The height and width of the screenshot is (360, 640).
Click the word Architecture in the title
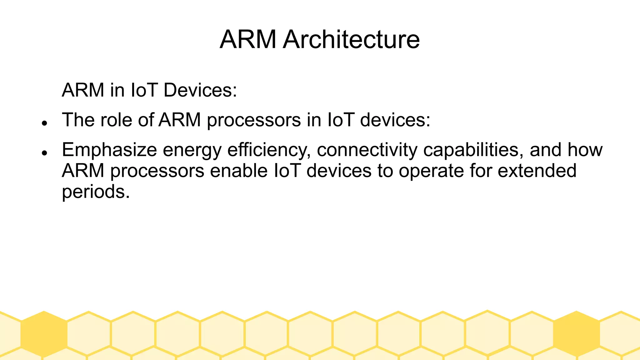coord(351,39)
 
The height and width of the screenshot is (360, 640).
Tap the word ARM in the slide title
coord(248,39)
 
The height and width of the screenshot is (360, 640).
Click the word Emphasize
coord(109,150)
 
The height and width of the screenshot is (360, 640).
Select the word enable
coord(239,171)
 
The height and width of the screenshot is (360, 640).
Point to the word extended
coord(537,171)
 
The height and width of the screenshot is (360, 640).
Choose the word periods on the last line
coord(96,192)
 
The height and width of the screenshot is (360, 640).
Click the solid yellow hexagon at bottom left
coord(44,334)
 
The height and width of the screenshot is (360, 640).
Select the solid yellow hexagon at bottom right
coord(577,334)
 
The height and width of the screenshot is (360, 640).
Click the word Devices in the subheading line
coord(200,90)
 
